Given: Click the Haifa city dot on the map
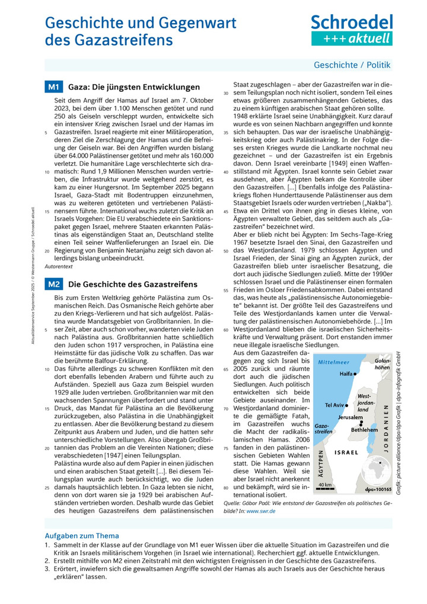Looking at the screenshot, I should point(355,375).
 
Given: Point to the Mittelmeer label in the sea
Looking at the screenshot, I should point(334,361).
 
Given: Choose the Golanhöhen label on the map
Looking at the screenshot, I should point(383,364).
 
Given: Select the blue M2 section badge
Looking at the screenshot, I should point(54,284).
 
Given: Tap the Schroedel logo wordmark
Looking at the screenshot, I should point(352,23).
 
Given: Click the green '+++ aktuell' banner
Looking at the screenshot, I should point(352,39).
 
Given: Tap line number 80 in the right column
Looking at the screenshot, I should point(226,488).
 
